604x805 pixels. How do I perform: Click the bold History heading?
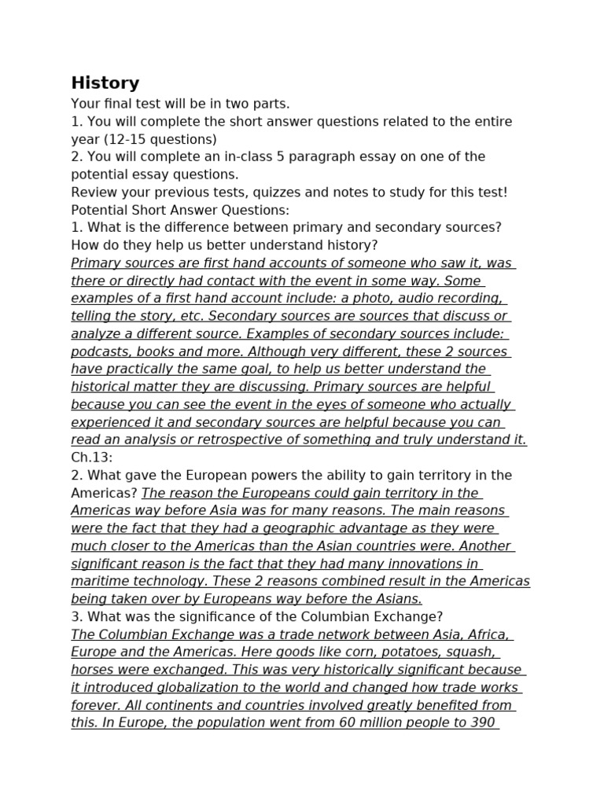coord(105,83)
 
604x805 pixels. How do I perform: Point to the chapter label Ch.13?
coord(92,458)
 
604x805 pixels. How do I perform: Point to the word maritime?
coord(100,581)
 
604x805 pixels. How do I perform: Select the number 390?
coord(479,722)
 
